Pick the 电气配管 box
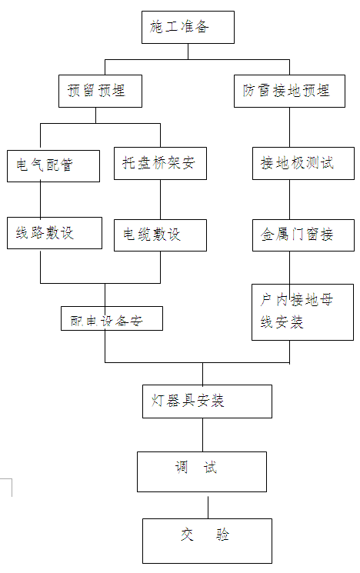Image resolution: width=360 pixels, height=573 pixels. point(53,165)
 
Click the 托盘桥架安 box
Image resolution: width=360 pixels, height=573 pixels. point(160,163)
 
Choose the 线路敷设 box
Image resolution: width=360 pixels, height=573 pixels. point(54,233)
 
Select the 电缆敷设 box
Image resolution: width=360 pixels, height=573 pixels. point(160,235)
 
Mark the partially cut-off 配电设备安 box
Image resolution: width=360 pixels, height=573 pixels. point(112,318)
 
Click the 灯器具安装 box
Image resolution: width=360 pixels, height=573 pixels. point(207,401)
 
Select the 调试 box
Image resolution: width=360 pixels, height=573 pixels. point(202,471)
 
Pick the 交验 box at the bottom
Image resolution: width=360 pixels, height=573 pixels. point(206,540)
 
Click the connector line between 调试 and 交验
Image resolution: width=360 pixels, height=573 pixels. point(208,507)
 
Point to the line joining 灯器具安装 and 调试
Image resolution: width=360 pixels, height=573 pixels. point(203,435)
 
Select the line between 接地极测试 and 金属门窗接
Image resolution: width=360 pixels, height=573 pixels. point(289,200)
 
